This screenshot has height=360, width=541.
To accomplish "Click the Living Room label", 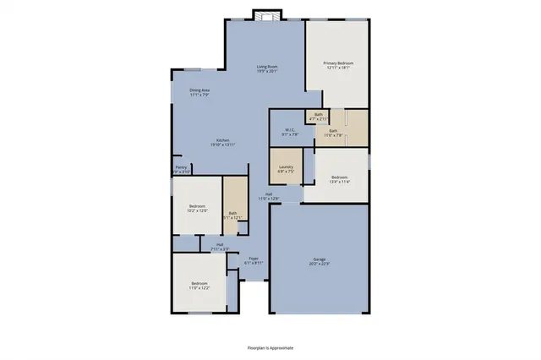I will [267, 67].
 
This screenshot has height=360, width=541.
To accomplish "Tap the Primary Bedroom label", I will [338, 64].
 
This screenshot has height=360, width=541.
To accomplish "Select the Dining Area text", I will [199, 90].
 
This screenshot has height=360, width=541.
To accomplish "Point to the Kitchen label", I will [223, 140].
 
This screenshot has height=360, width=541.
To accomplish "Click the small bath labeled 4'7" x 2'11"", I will [319, 116].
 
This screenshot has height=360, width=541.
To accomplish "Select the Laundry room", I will [287, 167].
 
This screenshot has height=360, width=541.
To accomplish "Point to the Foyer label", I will [254, 259].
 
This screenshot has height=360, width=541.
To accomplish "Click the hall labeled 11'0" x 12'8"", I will [269, 195].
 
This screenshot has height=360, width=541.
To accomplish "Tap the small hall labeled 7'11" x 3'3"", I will [219, 246].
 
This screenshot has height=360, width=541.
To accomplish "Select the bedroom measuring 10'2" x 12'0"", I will [197, 208].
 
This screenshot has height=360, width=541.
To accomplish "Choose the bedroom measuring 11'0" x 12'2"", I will [199, 285].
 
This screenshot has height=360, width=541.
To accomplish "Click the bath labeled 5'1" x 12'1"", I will [232, 215].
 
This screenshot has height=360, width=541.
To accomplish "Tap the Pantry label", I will [181, 168].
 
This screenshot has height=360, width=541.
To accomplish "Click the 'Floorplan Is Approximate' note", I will [270, 346].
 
